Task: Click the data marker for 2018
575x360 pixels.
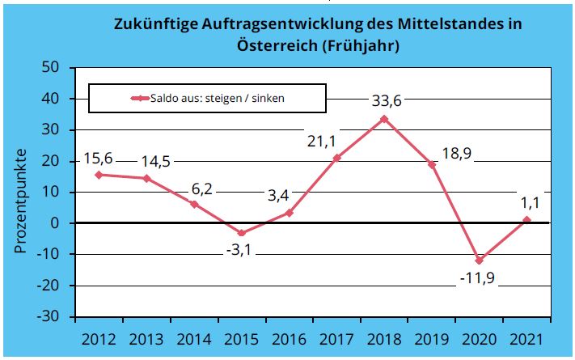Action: pyautogui.click(x=384, y=119)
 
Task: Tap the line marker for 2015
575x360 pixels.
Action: pyautogui.click(x=241, y=233)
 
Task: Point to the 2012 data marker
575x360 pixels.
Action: pyautogui.click(x=99, y=175)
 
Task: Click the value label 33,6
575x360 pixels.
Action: pyautogui.click(x=387, y=101)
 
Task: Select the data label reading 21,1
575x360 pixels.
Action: pyautogui.click(x=321, y=141)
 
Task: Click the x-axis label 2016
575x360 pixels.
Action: pyautogui.click(x=289, y=335)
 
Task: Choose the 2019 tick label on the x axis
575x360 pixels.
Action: pyautogui.click(x=431, y=335)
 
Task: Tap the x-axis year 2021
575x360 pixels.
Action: pyautogui.click(x=526, y=335)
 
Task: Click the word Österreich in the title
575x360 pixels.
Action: pyautogui.click(x=277, y=45)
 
